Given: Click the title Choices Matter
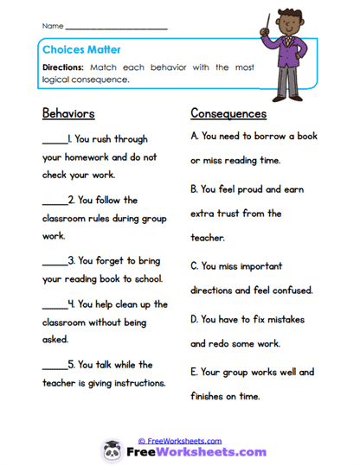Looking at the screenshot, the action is tap(79, 50).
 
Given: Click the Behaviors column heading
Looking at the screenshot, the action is tap(68, 113).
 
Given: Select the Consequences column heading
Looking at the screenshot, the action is tap(228, 113).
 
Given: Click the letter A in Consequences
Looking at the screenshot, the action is tap(195, 137).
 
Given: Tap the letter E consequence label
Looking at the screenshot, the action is tap(194, 373).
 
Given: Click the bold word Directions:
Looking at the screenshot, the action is tap(65, 67).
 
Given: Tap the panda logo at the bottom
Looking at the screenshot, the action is tap(112, 450).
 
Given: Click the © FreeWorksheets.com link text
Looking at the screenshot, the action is tap(179, 441).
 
